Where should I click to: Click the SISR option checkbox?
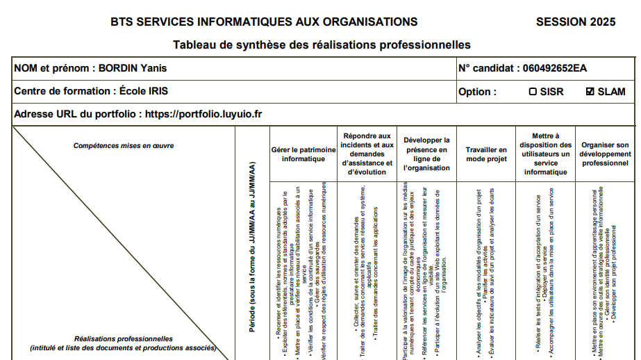pyautogui.click(x=533, y=92)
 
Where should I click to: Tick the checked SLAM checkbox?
pyautogui.click(x=590, y=92)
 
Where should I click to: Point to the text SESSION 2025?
pyautogui.click(x=576, y=22)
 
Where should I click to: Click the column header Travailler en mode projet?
pyautogui.click(x=486, y=154)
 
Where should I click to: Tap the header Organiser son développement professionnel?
pyautogui.click(x=605, y=154)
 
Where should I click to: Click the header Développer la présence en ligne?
pyautogui.click(x=426, y=154)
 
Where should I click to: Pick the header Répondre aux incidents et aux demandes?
pyautogui.click(x=367, y=154)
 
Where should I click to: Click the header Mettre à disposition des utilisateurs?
pyautogui.click(x=545, y=154)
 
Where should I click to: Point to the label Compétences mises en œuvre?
pyautogui.click(x=124, y=146)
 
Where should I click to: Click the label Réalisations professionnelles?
pyautogui.click(x=124, y=338)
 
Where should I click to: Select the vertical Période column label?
pyautogui.click(x=252, y=257)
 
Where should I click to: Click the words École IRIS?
pyautogui.click(x=144, y=91)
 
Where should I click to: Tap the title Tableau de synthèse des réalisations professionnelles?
pyautogui.click(x=322, y=45)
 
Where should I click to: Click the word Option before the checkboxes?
pyautogui.click(x=477, y=92)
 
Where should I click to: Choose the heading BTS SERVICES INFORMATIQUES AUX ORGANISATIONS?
pyautogui.click(x=264, y=22)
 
